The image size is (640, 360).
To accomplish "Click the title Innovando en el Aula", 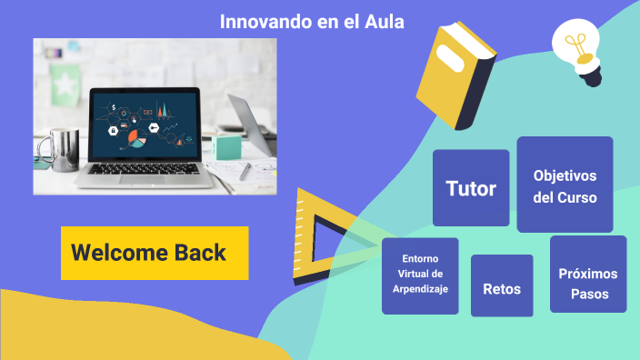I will [x=312, y=21].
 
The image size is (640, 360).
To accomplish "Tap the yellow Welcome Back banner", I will [x=155, y=253].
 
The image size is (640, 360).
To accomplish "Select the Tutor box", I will [x=471, y=188].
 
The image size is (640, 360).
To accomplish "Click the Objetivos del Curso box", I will [x=565, y=185].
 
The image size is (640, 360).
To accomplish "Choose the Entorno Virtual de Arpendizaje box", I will [x=420, y=275].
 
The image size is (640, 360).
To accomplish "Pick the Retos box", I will [x=502, y=288].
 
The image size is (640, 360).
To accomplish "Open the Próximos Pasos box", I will [x=588, y=284].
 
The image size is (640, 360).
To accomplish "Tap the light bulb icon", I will [x=577, y=50].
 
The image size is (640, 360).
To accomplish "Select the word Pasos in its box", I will [x=589, y=295].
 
